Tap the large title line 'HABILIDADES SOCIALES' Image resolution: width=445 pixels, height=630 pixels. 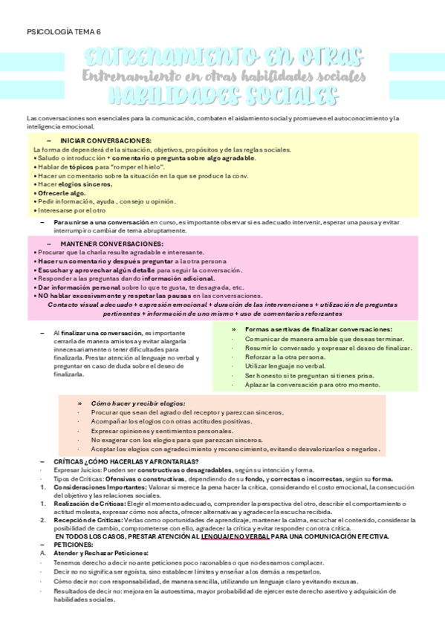[x=222, y=96]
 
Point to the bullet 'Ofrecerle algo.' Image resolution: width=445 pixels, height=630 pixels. [x=62, y=193]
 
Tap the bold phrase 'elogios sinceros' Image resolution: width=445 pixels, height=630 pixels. [x=85, y=184]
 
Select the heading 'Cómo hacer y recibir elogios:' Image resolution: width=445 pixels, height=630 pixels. [x=138, y=403]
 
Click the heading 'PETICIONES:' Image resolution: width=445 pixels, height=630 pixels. [x=74, y=545]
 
